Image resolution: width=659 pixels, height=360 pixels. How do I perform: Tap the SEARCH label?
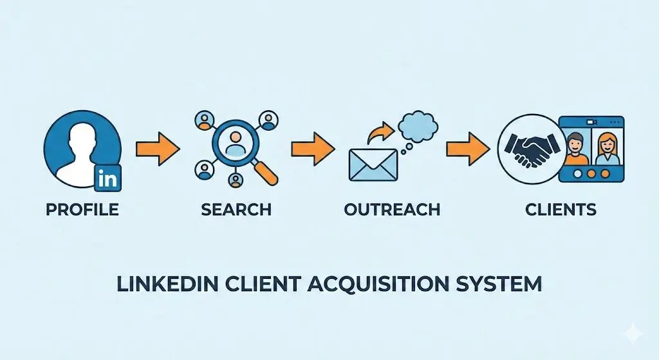(x=236, y=210)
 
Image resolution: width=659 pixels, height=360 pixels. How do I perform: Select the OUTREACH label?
(x=392, y=210)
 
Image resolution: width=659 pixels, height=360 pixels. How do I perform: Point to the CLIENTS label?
(x=561, y=210)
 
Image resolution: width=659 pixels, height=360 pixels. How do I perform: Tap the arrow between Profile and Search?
(x=158, y=149)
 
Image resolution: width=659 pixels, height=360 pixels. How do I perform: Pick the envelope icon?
(x=373, y=165)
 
